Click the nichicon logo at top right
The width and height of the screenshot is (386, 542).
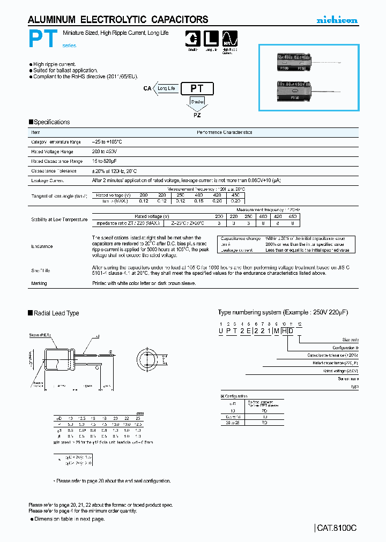point(336,20)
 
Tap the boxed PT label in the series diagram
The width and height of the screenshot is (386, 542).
point(198,89)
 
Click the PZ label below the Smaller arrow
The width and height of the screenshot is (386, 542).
point(197,114)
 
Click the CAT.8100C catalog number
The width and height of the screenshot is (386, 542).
point(336,528)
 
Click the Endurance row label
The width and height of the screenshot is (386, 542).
point(42,246)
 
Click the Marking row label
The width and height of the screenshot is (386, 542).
point(39,283)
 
